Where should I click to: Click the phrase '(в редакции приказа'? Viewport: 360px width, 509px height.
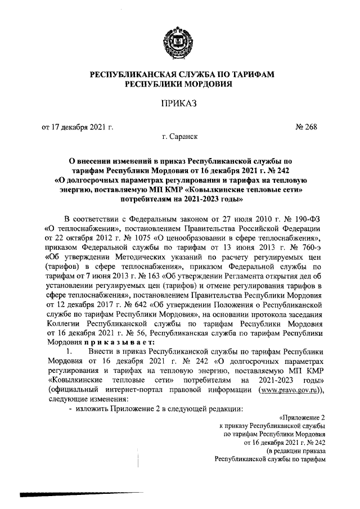[x=296, y=451]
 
